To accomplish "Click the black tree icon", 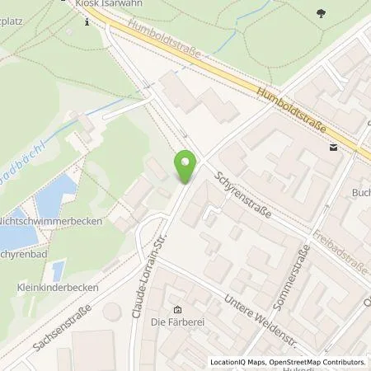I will (x=320, y=14).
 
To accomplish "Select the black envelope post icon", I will (x=333, y=148).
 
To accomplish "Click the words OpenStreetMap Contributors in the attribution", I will (x=324, y=362).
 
